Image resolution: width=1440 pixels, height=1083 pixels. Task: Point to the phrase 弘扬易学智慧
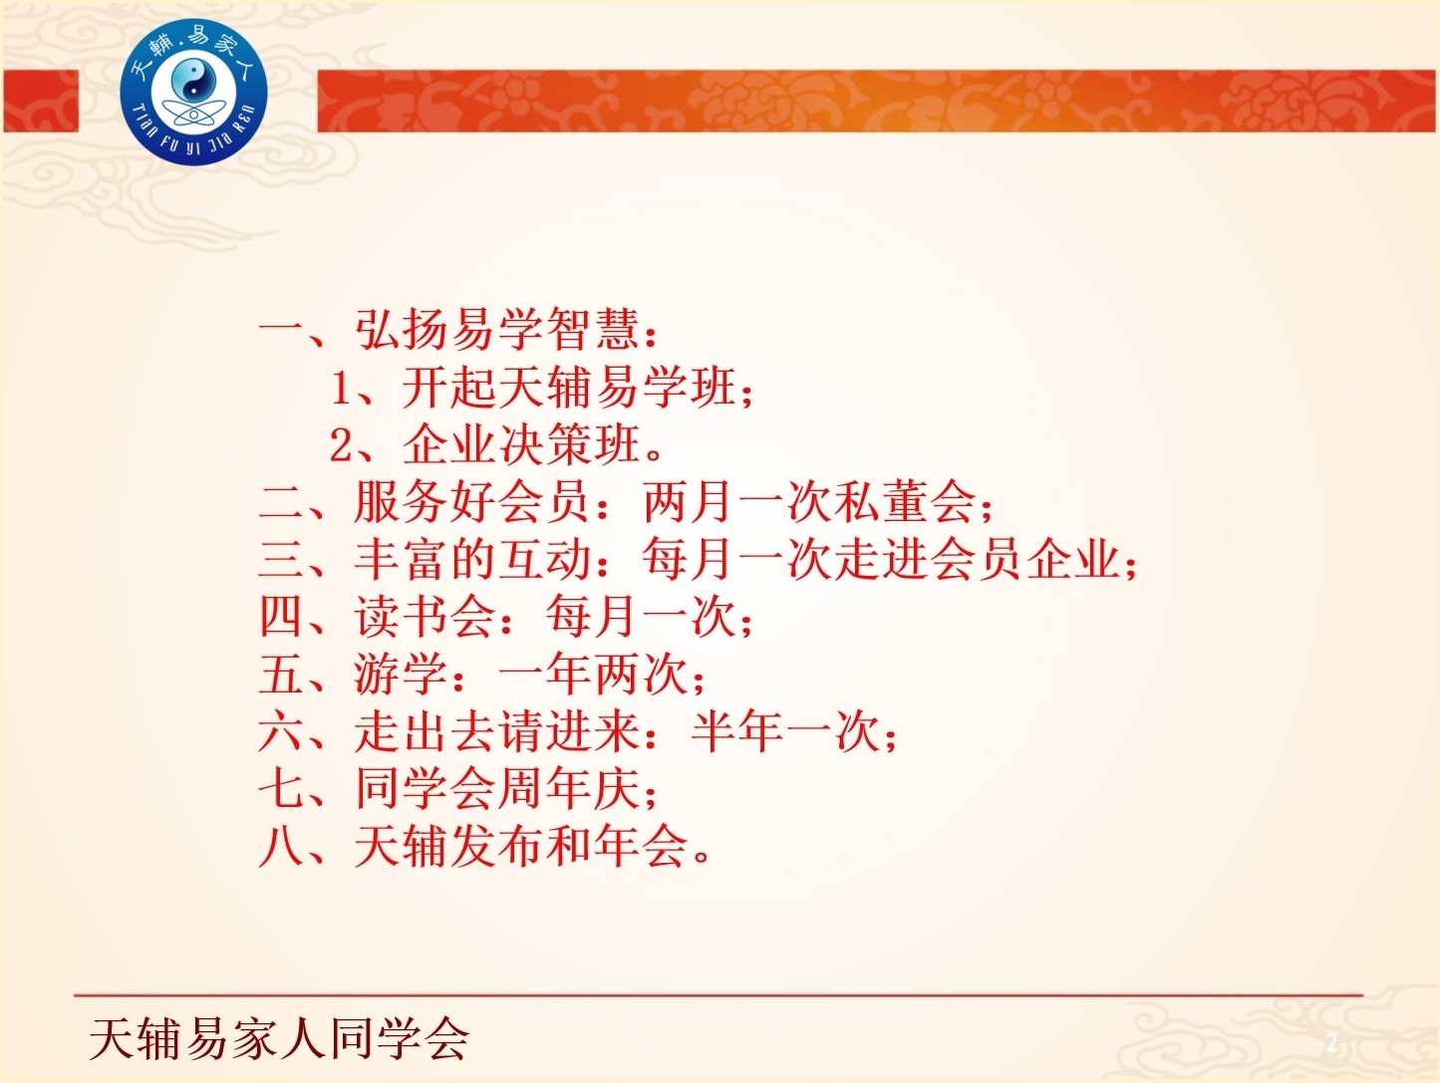(497, 329)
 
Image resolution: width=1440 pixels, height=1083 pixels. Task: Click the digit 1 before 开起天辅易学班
(342, 388)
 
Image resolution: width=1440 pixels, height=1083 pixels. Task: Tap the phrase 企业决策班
(522, 445)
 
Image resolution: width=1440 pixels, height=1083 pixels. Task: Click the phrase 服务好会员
(472, 503)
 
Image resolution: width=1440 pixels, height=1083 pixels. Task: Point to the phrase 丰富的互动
(473, 561)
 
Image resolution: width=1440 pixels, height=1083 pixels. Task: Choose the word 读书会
(426, 618)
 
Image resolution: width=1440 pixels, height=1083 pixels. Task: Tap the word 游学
(402, 676)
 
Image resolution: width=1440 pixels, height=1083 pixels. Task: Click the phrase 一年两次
(592, 676)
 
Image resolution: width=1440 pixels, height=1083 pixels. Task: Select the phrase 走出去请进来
(497, 732)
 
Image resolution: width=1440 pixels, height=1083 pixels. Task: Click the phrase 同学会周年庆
(497, 789)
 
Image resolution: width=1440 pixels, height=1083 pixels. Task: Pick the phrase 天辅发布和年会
(521, 847)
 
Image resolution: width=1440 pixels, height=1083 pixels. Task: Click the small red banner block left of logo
(41, 101)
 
